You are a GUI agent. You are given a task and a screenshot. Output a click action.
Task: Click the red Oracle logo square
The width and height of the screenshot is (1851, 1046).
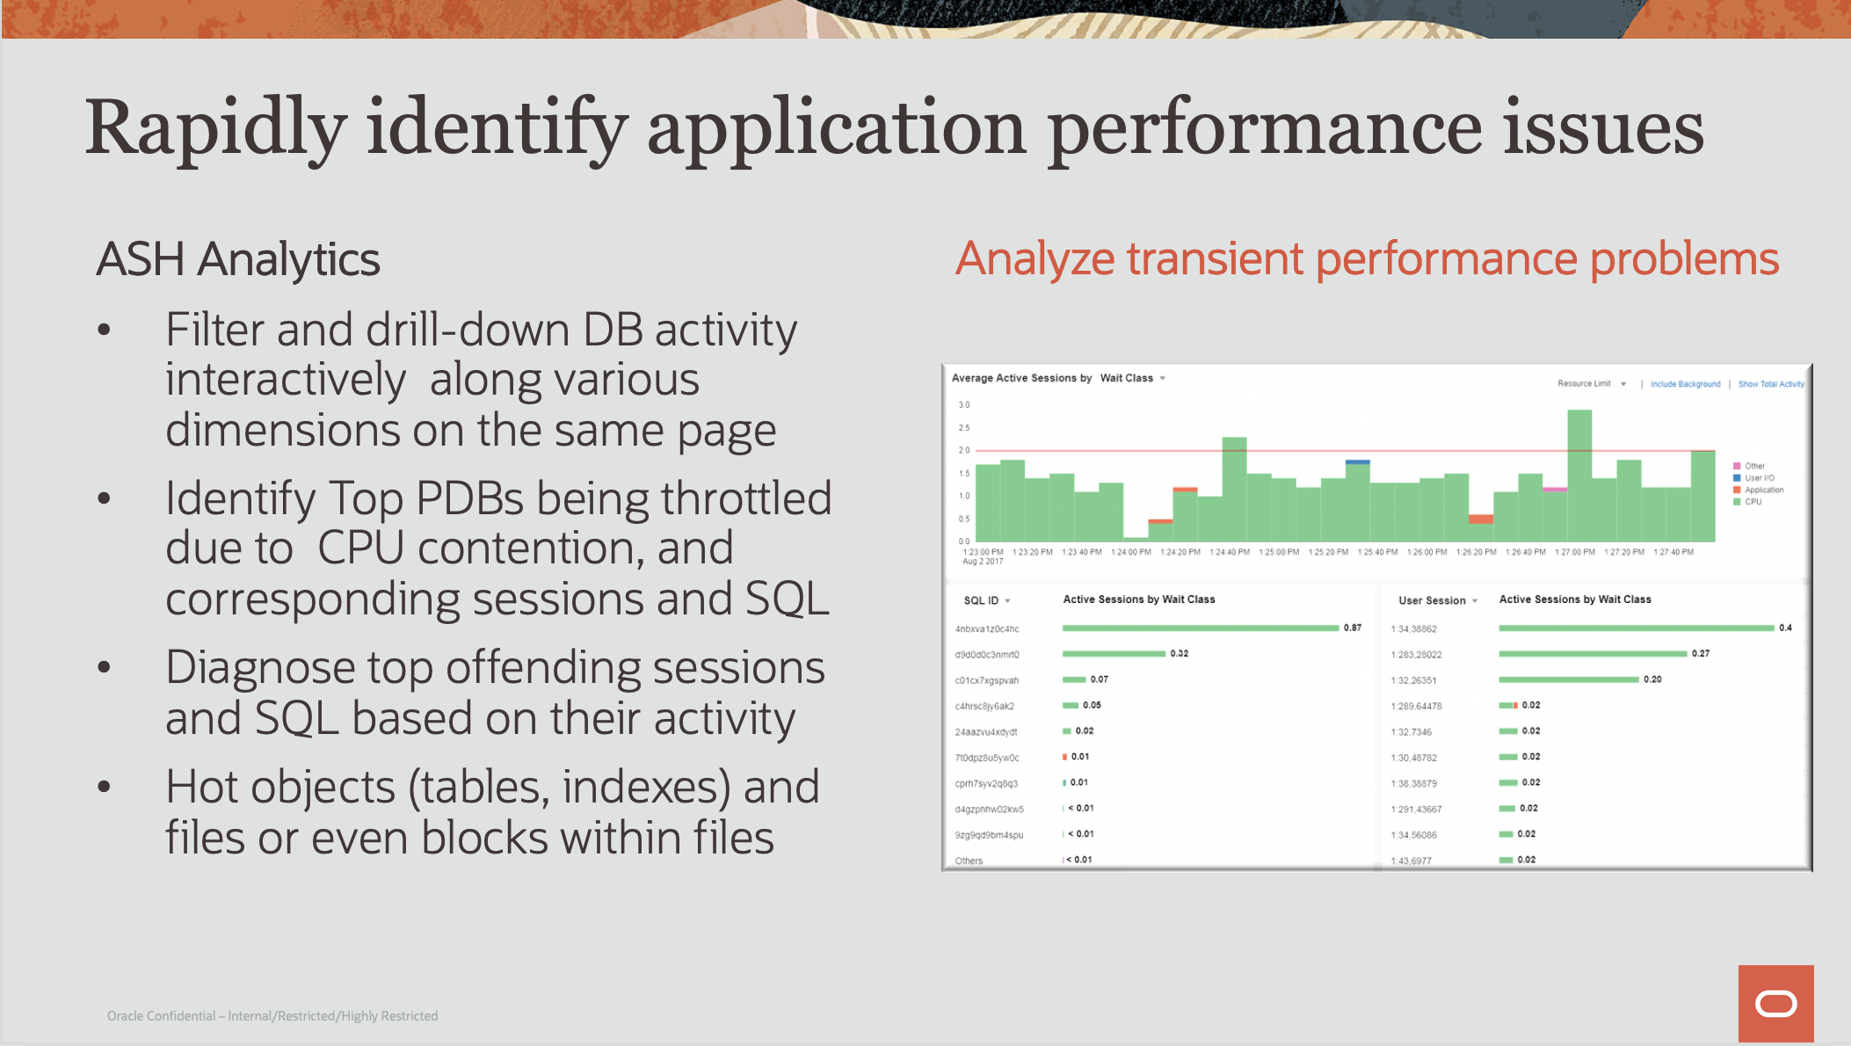tap(1775, 1003)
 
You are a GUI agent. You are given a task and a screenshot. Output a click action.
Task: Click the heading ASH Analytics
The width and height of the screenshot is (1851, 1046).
tap(237, 259)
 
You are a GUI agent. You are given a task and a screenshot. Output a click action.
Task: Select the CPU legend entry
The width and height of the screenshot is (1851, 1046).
tap(1753, 502)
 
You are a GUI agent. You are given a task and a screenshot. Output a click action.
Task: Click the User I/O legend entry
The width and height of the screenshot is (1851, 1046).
tap(1759, 478)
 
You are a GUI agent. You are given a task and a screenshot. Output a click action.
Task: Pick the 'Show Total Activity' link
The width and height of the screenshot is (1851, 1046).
tap(1770, 384)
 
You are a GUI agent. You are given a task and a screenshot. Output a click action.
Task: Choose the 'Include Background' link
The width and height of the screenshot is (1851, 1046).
tap(1685, 384)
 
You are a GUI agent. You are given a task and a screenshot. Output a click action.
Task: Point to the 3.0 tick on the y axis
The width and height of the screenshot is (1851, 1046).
tap(964, 405)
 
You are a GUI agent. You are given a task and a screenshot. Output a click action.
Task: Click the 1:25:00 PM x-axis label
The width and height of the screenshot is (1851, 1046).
tap(1279, 552)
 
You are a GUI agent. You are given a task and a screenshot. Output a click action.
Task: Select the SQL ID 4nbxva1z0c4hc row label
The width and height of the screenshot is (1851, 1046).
tap(987, 629)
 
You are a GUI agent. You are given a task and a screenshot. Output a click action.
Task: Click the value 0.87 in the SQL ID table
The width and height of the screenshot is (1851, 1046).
tap(1353, 628)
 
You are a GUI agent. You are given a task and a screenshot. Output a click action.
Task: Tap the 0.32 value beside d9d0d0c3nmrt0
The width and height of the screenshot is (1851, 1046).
tap(1180, 654)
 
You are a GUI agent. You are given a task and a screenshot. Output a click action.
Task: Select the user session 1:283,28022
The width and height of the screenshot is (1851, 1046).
tap(1417, 655)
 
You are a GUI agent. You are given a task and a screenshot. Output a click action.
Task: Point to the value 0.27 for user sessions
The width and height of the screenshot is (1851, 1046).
tap(1701, 654)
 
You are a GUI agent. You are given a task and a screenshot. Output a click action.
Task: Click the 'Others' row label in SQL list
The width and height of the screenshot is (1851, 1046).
tap(969, 861)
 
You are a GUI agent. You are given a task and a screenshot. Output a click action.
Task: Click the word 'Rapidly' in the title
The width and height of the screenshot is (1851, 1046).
tap(215, 129)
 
